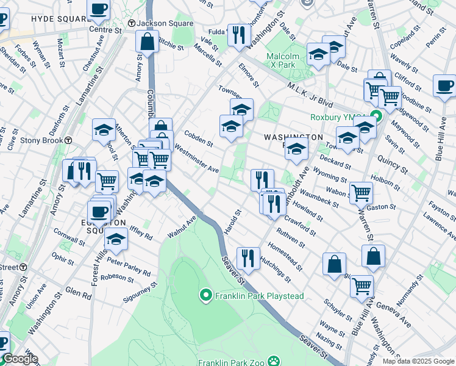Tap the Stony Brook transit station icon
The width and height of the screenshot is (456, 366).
[x=69, y=140]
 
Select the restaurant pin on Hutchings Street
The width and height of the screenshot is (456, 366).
[x=248, y=258]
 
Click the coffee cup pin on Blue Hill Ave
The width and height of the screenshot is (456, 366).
[x=444, y=85]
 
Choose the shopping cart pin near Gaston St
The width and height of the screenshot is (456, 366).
[x=362, y=192]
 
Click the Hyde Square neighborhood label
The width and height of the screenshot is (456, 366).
[x=44, y=19]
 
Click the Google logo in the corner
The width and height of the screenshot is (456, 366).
[x=20, y=359]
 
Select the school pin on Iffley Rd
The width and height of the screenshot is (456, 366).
[x=116, y=239]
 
